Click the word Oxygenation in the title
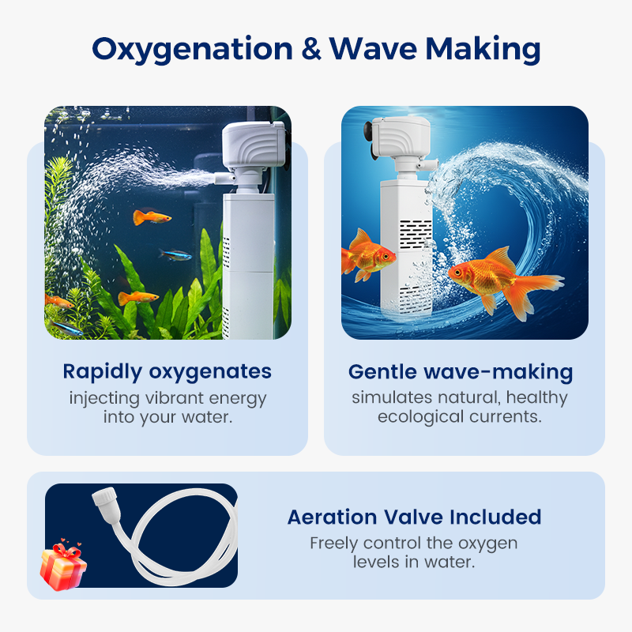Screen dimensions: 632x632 tap(192, 50)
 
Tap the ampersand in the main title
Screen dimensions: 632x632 tap(310, 49)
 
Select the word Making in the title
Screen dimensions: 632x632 tap(483, 50)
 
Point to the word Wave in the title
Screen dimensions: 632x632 tap(373, 49)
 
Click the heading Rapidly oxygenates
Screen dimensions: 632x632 tap(167, 371)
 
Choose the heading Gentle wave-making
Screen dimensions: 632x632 tap(461, 371)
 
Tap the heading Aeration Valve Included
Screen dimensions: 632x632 tap(414, 517)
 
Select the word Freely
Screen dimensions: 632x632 tap(333, 544)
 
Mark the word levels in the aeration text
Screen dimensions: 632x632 tap(378, 562)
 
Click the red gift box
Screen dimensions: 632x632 tap(63, 565)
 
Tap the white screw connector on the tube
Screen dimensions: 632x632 tap(105, 497)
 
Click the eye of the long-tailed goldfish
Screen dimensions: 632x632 tap(458, 272)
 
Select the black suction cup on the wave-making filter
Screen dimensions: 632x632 tap(368, 132)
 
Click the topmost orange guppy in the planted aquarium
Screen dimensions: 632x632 tap(152, 217)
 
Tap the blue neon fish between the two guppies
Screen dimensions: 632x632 tap(175, 254)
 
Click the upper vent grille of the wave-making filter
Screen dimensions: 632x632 tap(416, 234)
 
